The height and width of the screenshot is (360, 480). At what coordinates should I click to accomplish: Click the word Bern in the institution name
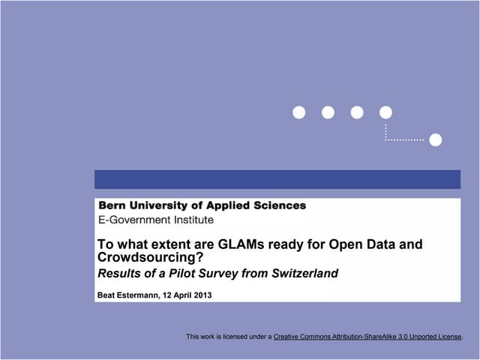[112, 205]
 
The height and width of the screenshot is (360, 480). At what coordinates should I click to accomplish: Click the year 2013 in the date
[201, 295]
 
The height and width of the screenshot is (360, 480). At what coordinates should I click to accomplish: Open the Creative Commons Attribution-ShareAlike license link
[367, 337]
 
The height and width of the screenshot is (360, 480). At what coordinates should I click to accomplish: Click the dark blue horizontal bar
[277, 179]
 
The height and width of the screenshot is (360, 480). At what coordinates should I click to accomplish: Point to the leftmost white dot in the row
[298, 112]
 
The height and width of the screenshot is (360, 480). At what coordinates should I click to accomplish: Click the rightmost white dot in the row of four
[385, 112]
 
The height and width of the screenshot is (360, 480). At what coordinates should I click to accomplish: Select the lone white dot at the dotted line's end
[436, 139]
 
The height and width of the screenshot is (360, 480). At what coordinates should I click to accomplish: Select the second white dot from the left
[328, 112]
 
